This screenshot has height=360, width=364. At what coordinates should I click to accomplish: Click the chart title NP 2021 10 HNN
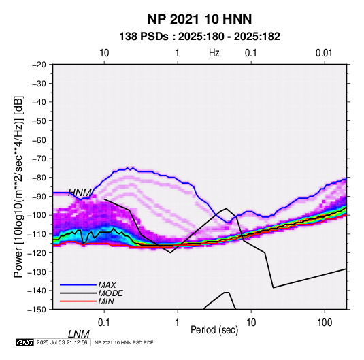199,19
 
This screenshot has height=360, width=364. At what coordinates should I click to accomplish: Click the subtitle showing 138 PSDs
199,37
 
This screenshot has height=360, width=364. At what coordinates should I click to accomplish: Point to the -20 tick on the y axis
39,65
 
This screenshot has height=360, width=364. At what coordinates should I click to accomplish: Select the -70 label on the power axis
39,159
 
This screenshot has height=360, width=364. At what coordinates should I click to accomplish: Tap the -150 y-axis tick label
37,310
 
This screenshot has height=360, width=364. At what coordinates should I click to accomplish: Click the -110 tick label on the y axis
37,234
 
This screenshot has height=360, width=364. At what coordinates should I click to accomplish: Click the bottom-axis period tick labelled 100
325,323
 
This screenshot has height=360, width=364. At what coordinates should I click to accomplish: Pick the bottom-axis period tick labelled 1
178,323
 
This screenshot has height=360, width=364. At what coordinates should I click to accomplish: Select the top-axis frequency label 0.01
324,53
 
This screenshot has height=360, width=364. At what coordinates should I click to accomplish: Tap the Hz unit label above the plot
214,53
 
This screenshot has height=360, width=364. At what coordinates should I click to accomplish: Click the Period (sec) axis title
214,330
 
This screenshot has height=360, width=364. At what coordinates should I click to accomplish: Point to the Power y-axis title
18,186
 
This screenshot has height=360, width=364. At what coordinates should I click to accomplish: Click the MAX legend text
107,284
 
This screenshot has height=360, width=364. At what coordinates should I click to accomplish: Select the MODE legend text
110,293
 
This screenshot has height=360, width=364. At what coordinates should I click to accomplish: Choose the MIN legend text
106,301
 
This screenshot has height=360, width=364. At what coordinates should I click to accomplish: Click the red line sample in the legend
78,301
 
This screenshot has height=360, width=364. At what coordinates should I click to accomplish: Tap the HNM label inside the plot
80,193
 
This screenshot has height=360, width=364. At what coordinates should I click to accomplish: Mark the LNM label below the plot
79,334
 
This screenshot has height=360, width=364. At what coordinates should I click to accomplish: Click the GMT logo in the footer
24,342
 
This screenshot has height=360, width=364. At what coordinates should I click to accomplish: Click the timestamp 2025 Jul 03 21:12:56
62,342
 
